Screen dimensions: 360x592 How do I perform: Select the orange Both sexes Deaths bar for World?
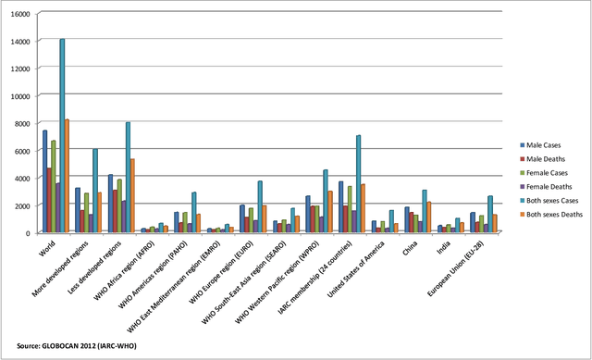[x=68, y=176]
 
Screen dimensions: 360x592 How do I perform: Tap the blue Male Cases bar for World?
[x=44, y=180]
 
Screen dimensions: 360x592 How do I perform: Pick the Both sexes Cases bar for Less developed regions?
[x=128, y=177]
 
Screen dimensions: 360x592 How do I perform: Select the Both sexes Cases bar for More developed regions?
[x=94, y=191]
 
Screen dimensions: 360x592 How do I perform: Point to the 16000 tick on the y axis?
[x=19, y=15]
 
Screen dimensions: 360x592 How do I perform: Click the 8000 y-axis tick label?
[x=22, y=123]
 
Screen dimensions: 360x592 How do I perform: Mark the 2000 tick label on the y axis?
[x=22, y=205]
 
